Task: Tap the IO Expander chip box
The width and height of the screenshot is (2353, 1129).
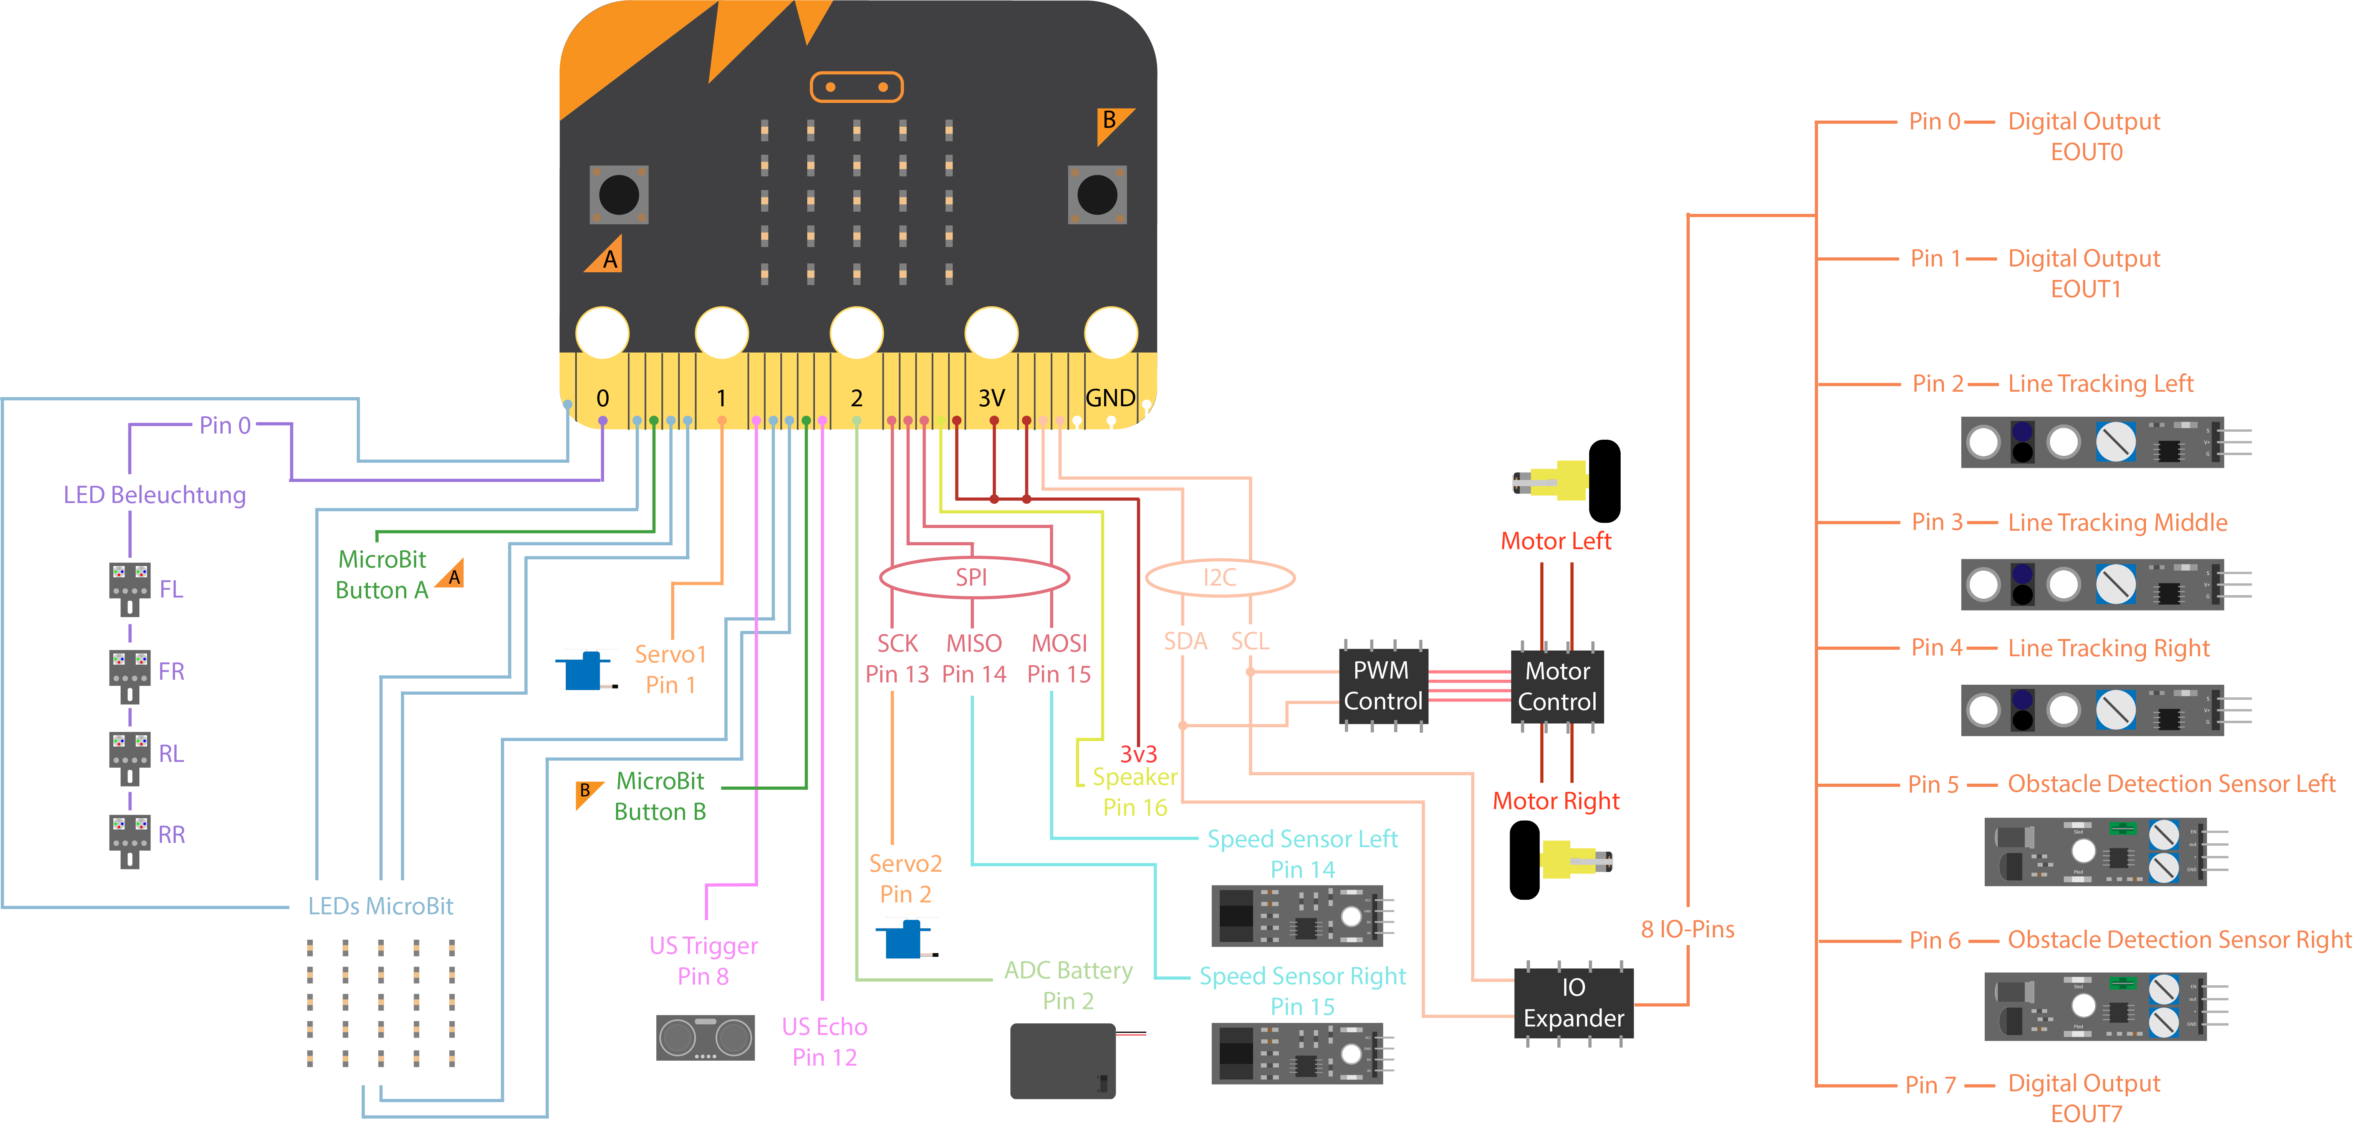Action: [x=1573, y=1003]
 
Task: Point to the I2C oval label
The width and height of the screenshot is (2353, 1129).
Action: [x=1219, y=577]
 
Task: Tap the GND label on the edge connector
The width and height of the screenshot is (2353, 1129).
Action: [x=1110, y=398]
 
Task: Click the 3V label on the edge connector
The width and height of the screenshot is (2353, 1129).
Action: [x=991, y=398]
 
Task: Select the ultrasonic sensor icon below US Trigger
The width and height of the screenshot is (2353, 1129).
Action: [x=705, y=1038]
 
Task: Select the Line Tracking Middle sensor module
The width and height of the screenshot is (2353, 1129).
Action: [x=2092, y=584]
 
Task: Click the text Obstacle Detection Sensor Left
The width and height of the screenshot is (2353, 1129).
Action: [x=2170, y=784]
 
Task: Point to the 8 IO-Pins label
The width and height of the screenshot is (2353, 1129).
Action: [x=1687, y=929]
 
